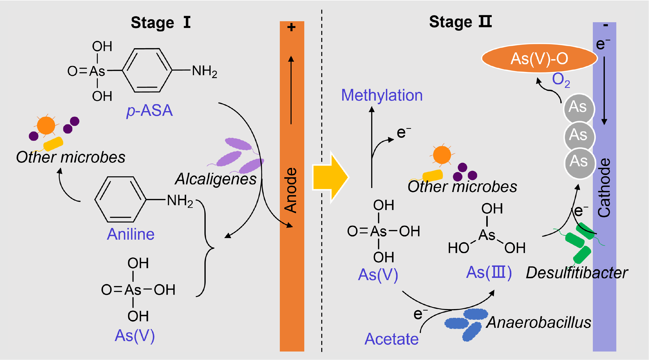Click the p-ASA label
click(150, 111)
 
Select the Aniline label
click(131, 234)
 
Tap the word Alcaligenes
click(216, 179)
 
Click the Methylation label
click(382, 95)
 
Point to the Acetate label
click(391, 339)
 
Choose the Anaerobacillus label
click(538, 323)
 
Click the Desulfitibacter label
click(577, 273)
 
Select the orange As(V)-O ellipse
click(539, 58)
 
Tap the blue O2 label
click(561, 80)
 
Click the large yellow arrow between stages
click(330, 177)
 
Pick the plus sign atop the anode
click(292, 27)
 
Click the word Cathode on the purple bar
click(604, 188)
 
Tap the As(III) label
click(489, 273)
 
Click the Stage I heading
click(161, 23)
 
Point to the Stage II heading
click(460, 22)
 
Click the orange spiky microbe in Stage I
click(46, 126)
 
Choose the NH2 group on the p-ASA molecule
click(204, 71)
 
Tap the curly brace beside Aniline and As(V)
click(207, 248)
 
